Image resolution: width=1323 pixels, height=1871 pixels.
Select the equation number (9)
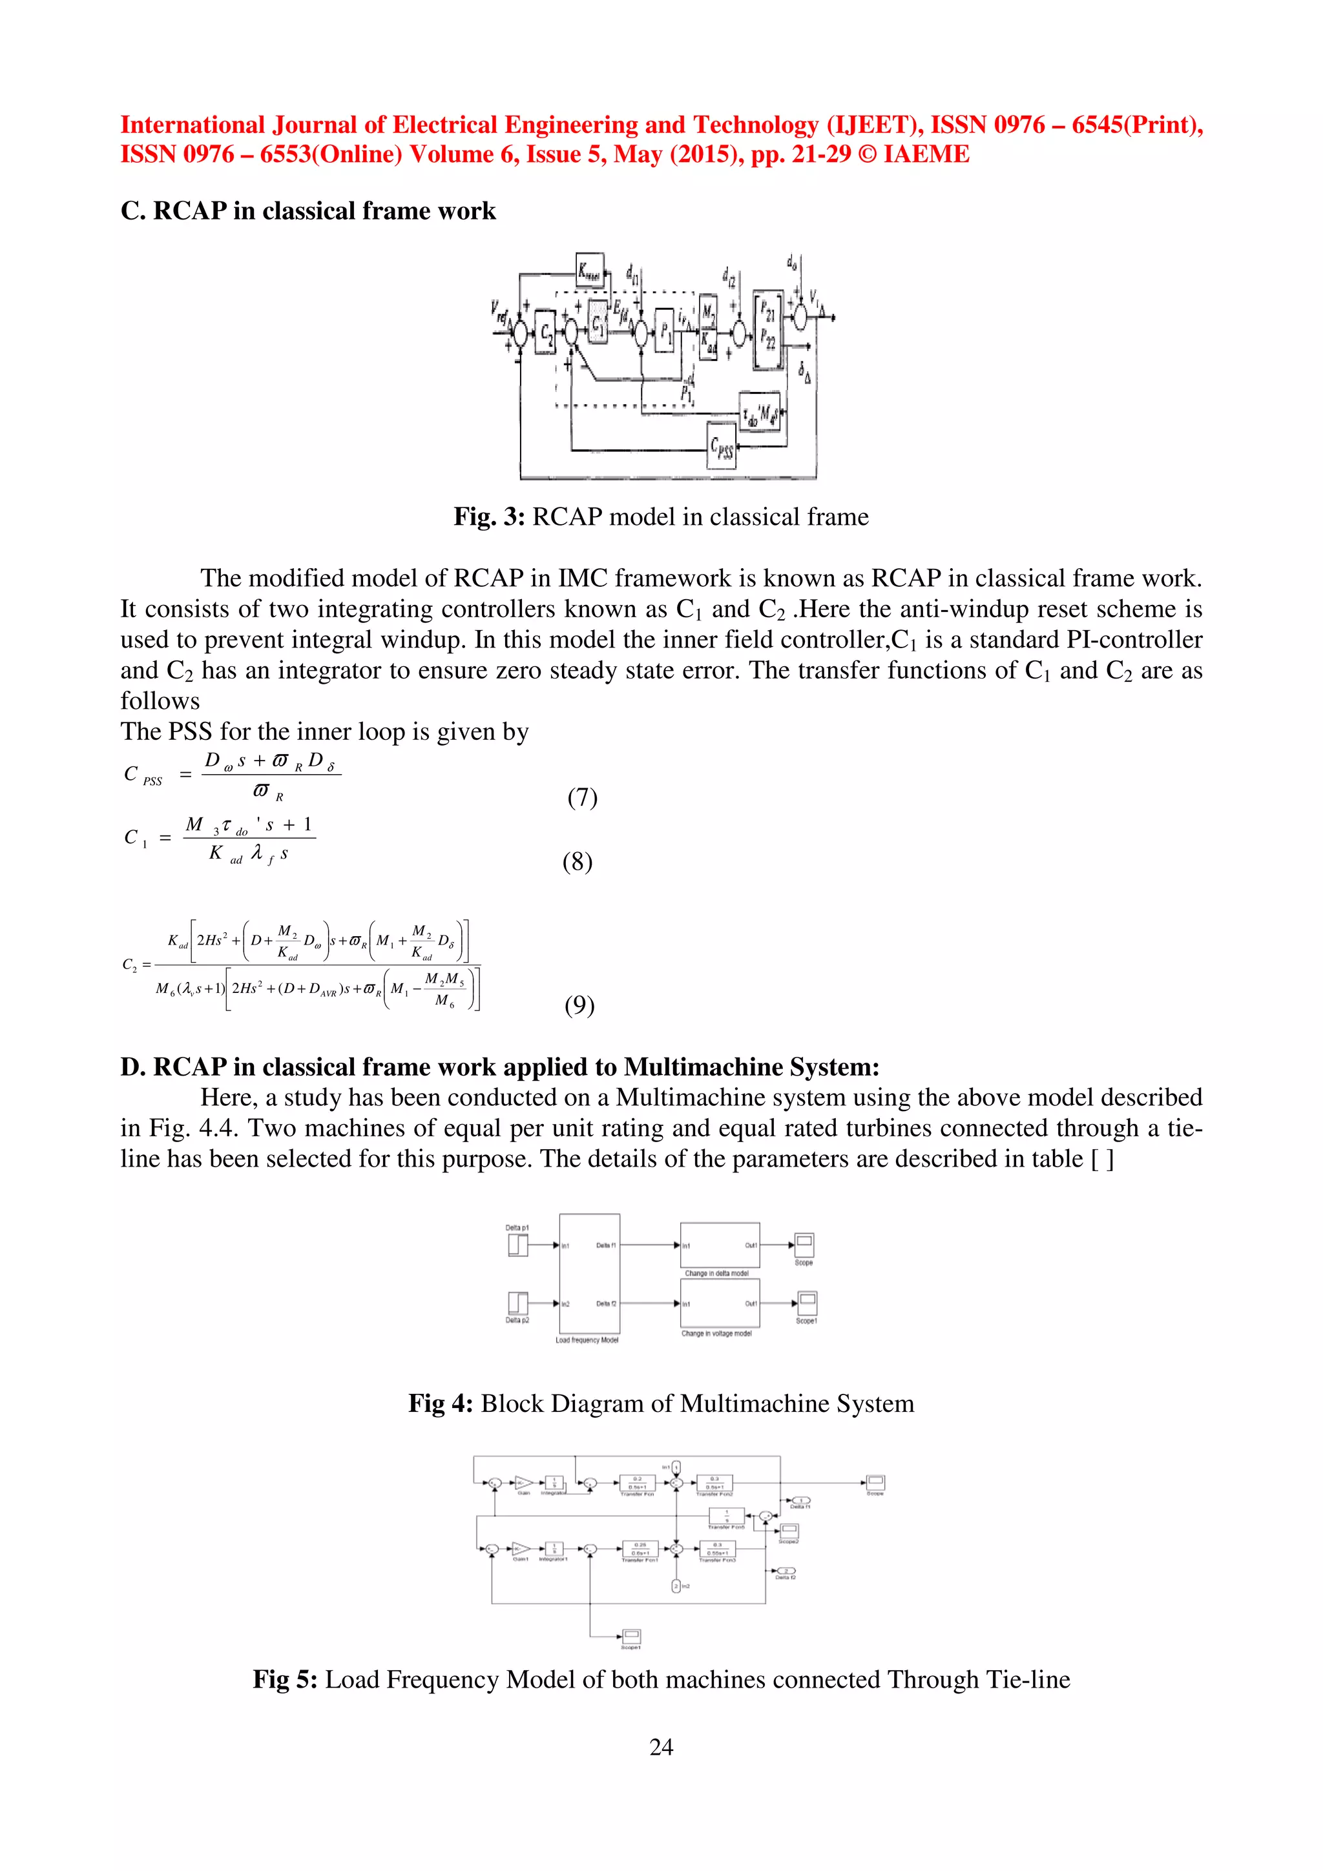[579, 1005]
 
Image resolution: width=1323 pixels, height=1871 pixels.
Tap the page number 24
[661, 1746]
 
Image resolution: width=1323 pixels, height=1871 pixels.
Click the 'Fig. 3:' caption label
[489, 516]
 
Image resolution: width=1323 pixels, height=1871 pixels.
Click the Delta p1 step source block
[517, 1245]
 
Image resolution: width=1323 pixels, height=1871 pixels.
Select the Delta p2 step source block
[517, 1303]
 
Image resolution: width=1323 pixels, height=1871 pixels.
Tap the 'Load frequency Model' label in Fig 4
[587, 1340]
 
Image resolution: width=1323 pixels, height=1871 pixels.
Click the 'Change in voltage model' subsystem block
[720, 1302]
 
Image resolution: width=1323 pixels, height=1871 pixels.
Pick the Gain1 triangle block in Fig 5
[520, 1548]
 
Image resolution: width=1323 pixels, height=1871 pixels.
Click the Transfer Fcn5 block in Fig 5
[726, 1516]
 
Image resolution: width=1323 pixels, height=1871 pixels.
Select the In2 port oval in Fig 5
[676, 1585]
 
